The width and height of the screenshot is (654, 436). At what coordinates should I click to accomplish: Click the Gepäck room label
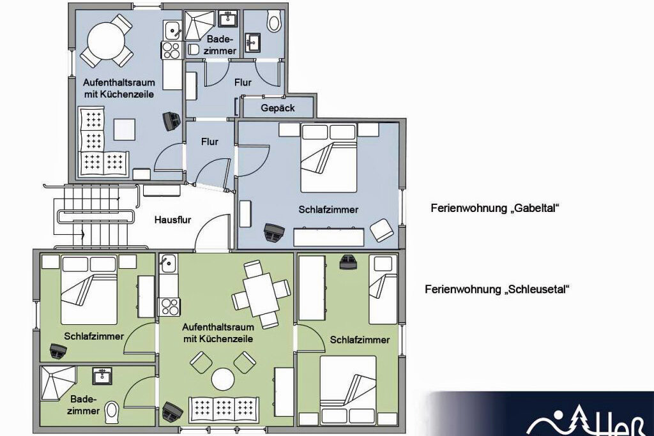click(278, 108)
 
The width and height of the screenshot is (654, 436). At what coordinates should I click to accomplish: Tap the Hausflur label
click(172, 220)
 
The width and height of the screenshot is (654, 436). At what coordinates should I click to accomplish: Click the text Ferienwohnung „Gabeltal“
click(495, 208)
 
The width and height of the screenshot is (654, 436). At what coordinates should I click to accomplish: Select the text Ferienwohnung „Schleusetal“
click(497, 289)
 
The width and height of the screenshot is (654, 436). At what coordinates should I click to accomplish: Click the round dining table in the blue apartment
click(107, 40)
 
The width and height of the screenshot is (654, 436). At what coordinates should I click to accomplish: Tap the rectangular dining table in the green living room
click(261, 295)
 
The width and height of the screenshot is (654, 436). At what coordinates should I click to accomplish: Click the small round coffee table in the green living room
click(223, 379)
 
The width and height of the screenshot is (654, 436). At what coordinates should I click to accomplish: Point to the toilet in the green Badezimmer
click(112, 412)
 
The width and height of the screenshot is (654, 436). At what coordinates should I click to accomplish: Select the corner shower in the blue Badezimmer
click(199, 25)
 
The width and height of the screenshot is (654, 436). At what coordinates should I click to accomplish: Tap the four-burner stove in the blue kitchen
click(171, 50)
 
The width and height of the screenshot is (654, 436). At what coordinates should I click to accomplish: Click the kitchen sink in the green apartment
click(168, 263)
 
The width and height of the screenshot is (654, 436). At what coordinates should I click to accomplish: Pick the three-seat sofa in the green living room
click(224, 409)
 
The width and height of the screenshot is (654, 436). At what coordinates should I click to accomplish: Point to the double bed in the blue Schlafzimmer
click(329, 158)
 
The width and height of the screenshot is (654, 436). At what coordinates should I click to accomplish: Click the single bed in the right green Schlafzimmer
click(383, 290)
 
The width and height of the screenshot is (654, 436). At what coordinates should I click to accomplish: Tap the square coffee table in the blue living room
click(125, 129)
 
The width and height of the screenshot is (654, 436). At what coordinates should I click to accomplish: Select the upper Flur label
click(243, 82)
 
